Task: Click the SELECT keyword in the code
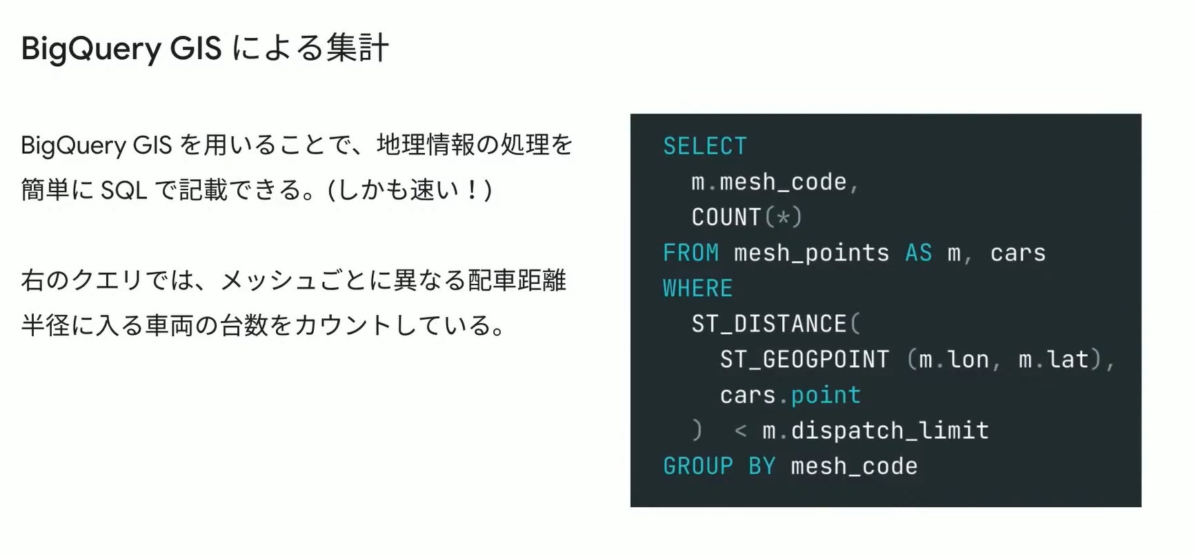point(704,146)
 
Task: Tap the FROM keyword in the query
point(690,253)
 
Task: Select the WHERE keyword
point(697,288)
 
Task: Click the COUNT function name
point(726,217)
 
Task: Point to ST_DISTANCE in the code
point(768,324)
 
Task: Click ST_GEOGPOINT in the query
point(804,360)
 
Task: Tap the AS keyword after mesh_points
point(918,253)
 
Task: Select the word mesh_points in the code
point(811,253)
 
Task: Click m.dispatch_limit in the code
point(875,431)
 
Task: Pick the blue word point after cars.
point(826,395)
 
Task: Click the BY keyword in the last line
point(762,466)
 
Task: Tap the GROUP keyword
point(697,466)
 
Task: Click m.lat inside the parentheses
point(1053,360)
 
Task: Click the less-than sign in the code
point(740,431)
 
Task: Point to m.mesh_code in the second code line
point(768,182)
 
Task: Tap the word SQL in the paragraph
point(124,190)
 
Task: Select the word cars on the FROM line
point(1017,253)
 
